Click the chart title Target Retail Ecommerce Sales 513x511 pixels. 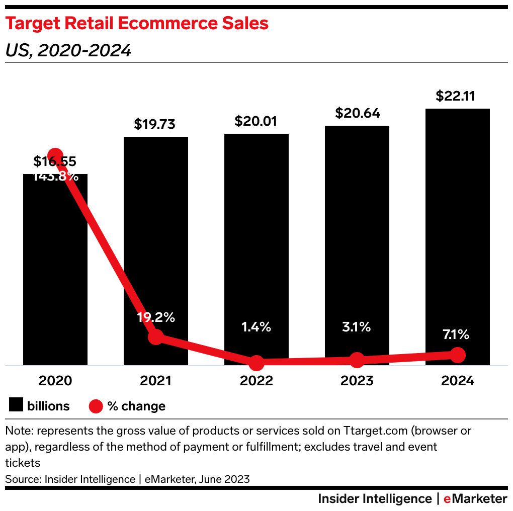tap(136, 24)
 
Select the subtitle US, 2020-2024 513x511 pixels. tap(68, 50)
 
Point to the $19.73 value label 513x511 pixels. tap(155, 124)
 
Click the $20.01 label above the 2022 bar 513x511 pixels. tap(256, 121)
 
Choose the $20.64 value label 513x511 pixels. tap(357, 113)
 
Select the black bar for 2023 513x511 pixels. tap(357, 226)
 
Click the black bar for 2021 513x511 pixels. tap(156, 226)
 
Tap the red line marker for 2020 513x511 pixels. tap(55, 156)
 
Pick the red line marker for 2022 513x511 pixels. tap(256, 362)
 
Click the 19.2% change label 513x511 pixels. tap(156, 317)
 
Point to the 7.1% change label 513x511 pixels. tap(456, 334)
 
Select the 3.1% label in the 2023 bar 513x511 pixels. tap(357, 327)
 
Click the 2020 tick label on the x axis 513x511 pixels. tap(55, 381)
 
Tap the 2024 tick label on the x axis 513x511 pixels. tap(458, 381)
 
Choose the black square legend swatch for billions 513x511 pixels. tap(16, 405)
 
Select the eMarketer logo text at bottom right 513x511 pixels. tap(475, 498)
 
